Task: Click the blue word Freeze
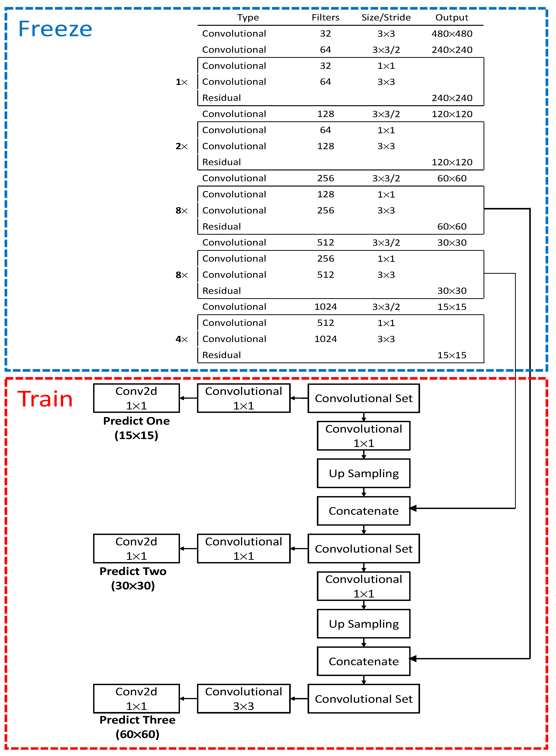click(55, 29)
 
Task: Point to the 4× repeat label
click(181, 339)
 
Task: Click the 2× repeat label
click(181, 146)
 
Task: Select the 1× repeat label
click(181, 82)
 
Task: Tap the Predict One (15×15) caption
click(136, 428)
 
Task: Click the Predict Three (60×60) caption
click(137, 727)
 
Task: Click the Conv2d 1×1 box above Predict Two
click(136, 548)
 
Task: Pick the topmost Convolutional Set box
click(364, 398)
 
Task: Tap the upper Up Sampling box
click(364, 473)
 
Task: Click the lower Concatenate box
click(364, 661)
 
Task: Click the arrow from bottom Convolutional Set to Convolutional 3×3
click(299, 699)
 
